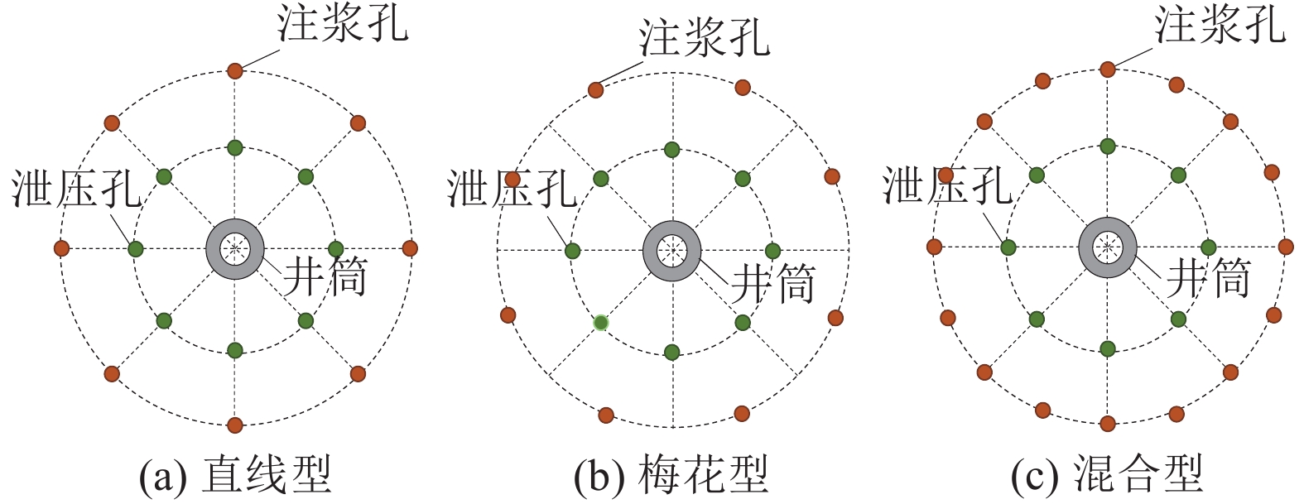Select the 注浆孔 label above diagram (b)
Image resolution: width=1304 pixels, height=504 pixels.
(x=704, y=37)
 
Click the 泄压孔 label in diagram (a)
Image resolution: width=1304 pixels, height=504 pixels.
(x=76, y=190)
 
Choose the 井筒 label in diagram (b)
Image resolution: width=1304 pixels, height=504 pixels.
(x=773, y=284)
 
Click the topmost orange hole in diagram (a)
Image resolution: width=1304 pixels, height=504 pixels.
(x=235, y=70)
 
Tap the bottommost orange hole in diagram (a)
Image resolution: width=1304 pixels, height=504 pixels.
(x=235, y=425)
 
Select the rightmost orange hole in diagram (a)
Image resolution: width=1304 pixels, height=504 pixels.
(x=409, y=248)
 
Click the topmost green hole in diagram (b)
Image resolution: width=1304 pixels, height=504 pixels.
(x=671, y=150)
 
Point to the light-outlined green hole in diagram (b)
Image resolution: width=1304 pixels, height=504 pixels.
(x=601, y=323)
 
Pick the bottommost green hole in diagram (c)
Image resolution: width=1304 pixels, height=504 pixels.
(x=1108, y=348)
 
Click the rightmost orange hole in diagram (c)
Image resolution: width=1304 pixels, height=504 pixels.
(x=1285, y=246)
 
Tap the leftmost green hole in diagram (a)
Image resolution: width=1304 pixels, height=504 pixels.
(x=136, y=248)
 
